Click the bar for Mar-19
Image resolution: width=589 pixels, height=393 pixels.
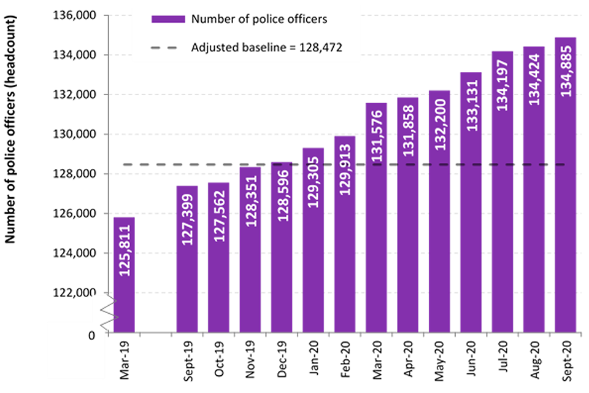124,276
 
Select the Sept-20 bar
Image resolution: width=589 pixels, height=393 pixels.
565,184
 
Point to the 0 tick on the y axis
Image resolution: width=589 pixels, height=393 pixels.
91,335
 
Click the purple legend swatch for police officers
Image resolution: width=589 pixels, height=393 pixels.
168,18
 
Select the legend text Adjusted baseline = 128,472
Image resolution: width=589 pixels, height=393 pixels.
266,47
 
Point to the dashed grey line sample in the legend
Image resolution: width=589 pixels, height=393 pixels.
168,47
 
